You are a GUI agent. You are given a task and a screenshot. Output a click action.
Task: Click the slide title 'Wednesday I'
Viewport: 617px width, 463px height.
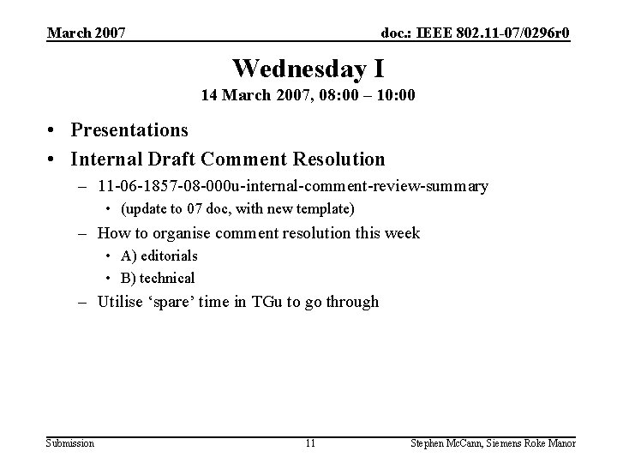308,68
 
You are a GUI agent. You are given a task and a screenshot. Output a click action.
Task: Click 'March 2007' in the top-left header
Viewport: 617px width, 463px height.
87,33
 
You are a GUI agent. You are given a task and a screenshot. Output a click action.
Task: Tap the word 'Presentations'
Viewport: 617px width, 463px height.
129,130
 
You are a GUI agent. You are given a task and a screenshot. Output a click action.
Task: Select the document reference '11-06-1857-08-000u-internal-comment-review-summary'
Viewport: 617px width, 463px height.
293,186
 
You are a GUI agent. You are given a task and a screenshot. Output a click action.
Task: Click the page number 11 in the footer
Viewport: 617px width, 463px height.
309,443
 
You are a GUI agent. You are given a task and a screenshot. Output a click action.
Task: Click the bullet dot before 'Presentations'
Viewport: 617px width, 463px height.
53,131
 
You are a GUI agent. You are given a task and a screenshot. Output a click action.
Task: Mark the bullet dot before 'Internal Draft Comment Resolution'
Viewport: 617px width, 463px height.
53,159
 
